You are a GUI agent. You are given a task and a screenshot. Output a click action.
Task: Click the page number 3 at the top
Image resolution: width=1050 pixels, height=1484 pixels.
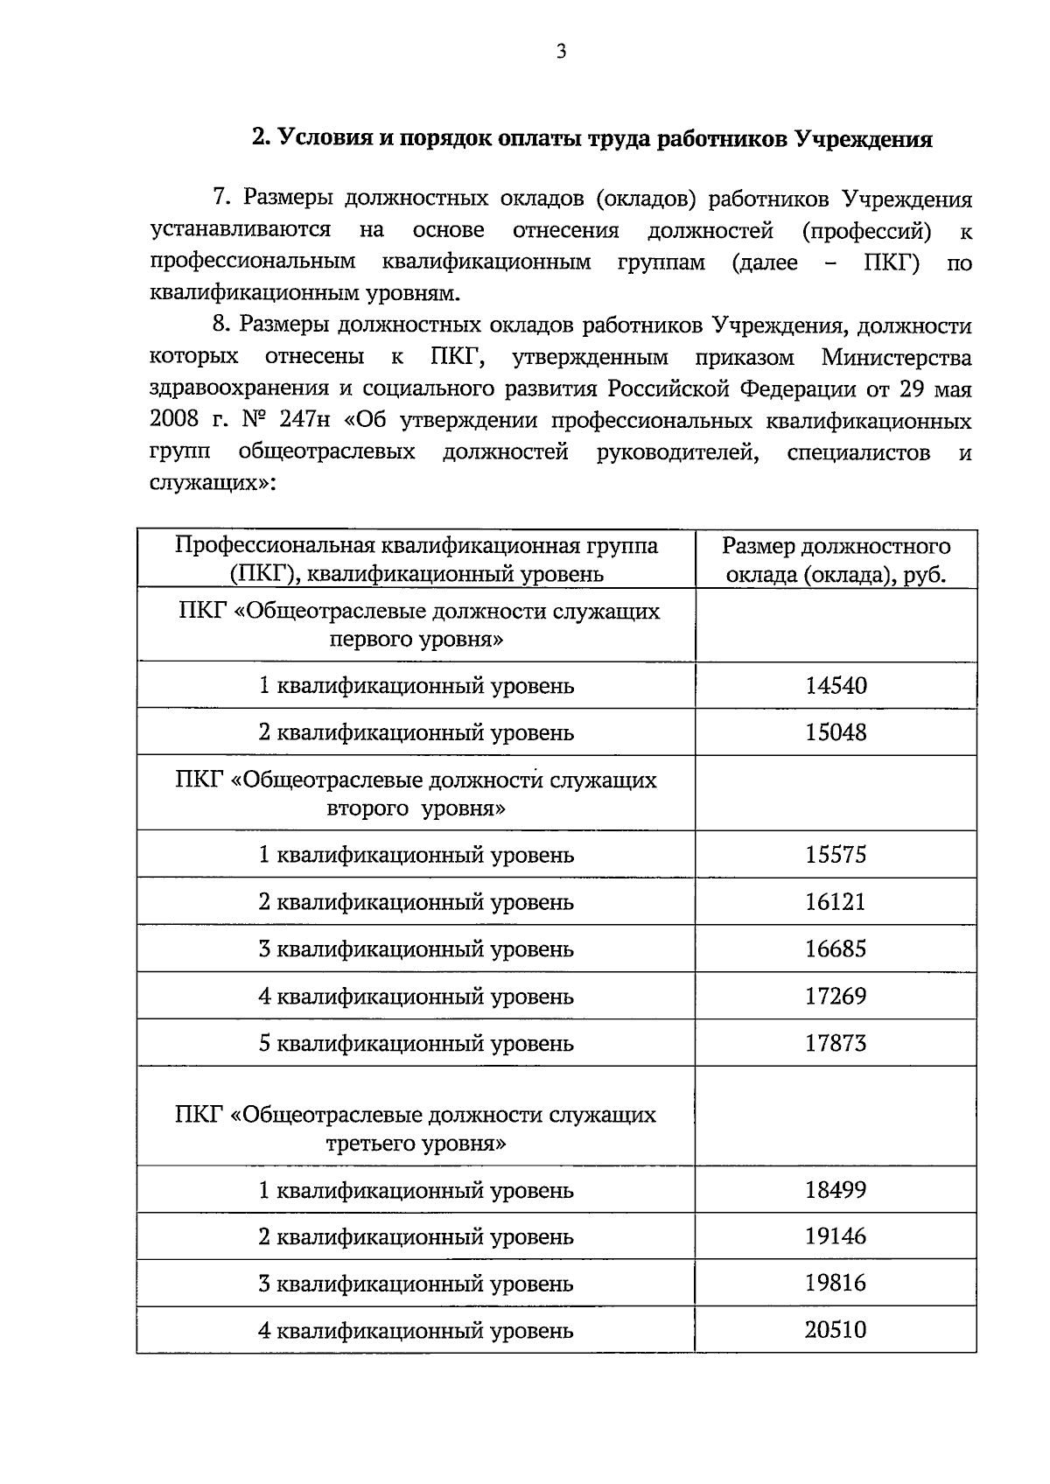562,52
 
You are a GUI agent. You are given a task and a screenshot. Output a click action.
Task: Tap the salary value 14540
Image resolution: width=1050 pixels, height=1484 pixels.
836,685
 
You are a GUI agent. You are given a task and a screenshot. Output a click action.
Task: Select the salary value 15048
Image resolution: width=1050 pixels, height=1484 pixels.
836,732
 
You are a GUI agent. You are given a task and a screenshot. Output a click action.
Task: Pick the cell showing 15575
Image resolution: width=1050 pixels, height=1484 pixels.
836,855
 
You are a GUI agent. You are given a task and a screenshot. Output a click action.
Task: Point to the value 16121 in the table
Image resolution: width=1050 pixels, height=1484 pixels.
836,902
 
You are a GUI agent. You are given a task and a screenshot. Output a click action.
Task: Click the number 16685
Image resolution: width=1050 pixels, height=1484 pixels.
836,949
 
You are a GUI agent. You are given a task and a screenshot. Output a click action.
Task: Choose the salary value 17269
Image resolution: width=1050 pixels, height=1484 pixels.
836,997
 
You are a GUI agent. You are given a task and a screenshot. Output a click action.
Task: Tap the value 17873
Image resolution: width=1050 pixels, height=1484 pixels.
836,1044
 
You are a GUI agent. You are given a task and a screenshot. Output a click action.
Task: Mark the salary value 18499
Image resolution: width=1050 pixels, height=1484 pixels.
836,1190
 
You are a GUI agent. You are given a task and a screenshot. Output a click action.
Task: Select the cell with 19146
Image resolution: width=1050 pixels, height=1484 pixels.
836,1237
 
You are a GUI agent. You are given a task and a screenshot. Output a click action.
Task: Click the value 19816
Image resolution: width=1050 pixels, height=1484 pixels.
836,1284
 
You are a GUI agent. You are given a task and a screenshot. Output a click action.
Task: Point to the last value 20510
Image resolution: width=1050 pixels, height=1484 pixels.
836,1331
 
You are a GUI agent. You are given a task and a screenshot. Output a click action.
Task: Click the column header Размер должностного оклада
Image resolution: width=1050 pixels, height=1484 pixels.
836,561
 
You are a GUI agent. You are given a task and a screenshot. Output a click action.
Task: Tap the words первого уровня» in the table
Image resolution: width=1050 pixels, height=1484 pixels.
416,640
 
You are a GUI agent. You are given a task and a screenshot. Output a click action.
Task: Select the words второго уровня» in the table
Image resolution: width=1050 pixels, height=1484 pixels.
416,808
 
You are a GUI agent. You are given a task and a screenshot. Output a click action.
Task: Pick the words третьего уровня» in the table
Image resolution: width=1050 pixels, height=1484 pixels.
416,1144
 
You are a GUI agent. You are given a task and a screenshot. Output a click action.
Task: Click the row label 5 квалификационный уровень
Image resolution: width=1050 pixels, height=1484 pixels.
416,1044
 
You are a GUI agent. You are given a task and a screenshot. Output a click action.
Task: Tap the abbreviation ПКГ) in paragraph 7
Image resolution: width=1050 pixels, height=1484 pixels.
892,262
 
